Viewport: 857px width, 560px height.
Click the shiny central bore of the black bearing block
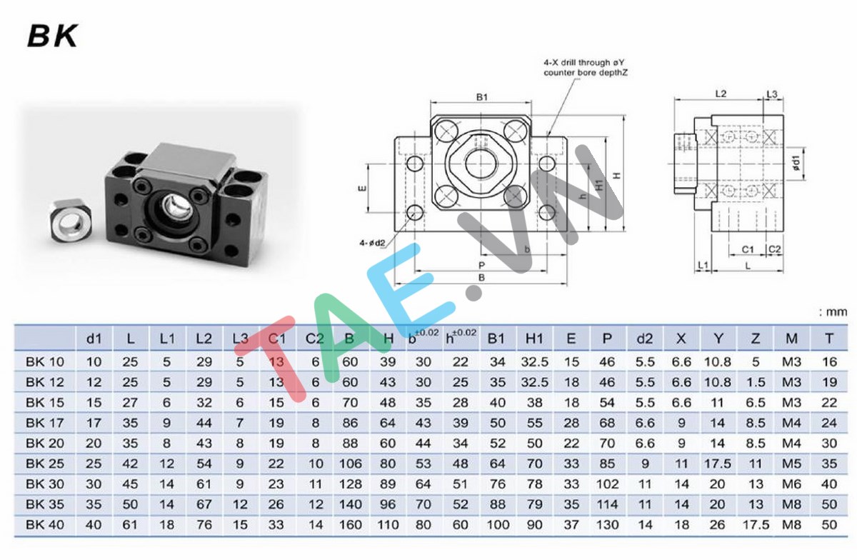pos(176,206)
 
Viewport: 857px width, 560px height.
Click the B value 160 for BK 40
pos(351,524)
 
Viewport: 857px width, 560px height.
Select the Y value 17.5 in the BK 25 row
pos(717,464)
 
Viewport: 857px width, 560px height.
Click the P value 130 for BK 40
pos(608,524)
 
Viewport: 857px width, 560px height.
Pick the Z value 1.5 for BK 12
pos(755,382)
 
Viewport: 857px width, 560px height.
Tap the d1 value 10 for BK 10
pos(94,362)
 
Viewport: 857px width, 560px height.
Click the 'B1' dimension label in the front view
pos(481,98)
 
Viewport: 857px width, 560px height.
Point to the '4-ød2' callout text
pos(372,243)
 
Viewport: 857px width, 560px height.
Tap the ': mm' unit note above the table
pos(833,311)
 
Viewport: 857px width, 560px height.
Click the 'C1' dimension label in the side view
pos(748,249)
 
